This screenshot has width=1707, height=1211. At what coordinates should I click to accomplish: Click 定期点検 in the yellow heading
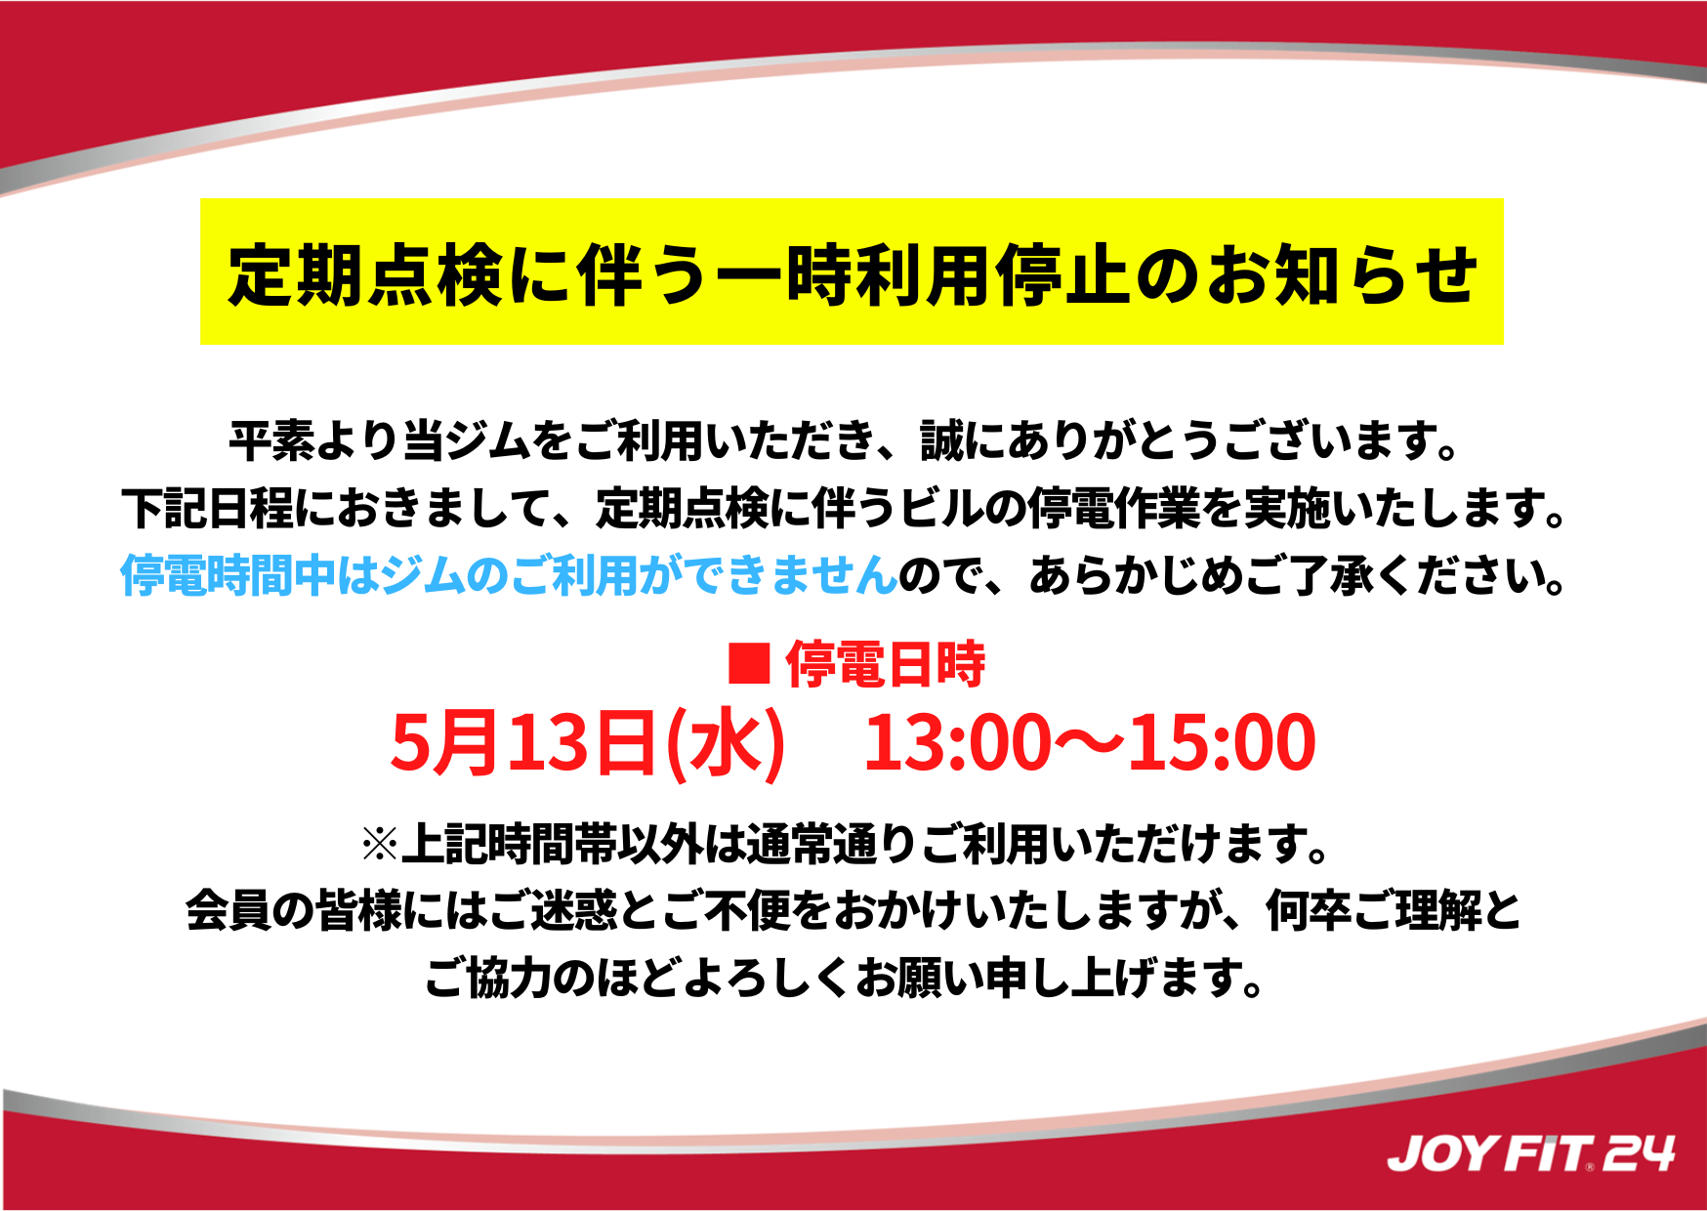click(x=366, y=275)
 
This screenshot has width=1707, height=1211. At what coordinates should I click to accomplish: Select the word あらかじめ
click(x=1137, y=575)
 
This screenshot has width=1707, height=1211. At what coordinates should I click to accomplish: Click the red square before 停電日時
click(x=750, y=663)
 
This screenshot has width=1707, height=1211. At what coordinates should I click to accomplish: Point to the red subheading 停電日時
click(x=885, y=664)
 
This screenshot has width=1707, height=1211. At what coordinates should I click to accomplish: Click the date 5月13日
click(x=522, y=742)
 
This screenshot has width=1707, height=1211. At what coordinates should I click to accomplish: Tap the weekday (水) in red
click(x=725, y=743)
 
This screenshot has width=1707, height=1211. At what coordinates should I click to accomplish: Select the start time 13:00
click(x=957, y=743)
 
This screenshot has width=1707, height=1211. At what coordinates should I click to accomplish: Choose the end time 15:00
click(x=1222, y=743)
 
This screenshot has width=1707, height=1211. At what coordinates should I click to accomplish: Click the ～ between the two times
click(x=1089, y=743)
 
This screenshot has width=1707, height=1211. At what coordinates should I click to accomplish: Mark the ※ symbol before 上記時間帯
click(x=381, y=844)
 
